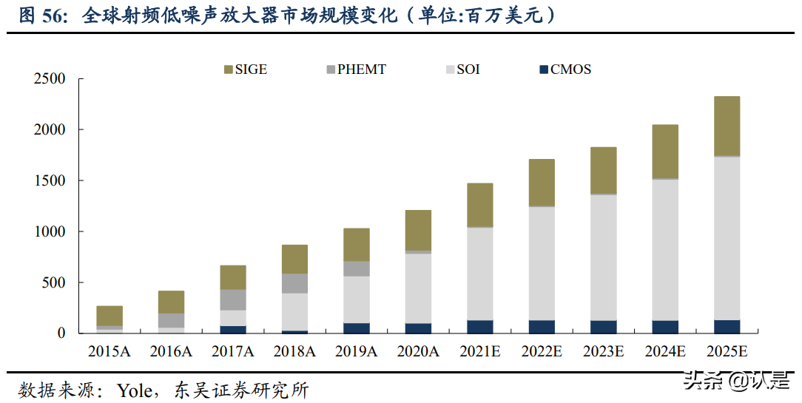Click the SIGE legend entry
click(x=245, y=70)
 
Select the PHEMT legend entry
click(x=355, y=70)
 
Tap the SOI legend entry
click(x=462, y=70)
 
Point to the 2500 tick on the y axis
click(x=50, y=79)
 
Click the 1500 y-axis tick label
click(x=50, y=181)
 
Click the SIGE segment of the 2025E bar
click(x=727, y=126)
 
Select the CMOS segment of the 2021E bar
click(x=479, y=326)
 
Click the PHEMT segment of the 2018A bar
click(x=294, y=283)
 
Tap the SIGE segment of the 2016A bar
click(x=171, y=302)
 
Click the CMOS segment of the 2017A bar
click(x=233, y=329)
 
